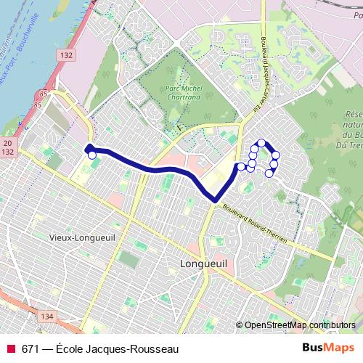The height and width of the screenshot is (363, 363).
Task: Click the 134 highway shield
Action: tap(47, 317)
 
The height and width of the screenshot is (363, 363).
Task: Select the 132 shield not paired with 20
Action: tap(68, 55)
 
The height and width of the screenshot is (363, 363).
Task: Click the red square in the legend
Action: tap(10, 348)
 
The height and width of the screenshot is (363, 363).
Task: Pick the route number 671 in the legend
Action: tap(31, 348)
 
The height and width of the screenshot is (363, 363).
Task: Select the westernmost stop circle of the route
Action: tap(91, 155)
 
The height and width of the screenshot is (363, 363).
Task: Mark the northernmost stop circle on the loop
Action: tap(261, 143)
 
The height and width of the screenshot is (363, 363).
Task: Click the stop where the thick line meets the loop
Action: tap(241, 167)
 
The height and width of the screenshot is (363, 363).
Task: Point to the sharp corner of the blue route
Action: tap(216, 199)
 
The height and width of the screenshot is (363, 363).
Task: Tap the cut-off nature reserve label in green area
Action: tap(354, 126)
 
